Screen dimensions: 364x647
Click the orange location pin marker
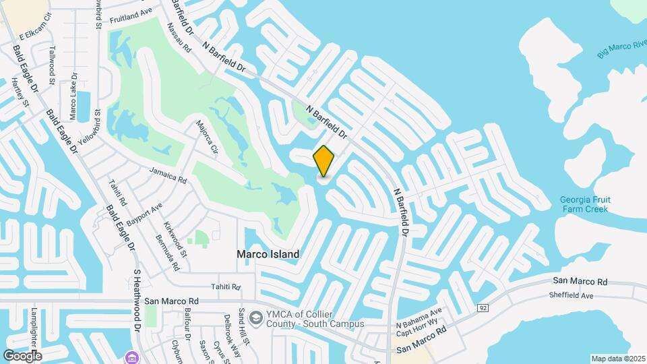point(324,160)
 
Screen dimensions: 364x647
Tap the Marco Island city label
point(268,255)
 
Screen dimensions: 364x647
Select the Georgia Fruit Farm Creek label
point(584,204)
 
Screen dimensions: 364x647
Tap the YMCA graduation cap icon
point(256,317)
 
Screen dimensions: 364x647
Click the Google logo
point(22,355)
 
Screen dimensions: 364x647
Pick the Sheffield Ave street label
point(571,295)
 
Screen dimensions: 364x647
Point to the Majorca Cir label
point(207,136)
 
